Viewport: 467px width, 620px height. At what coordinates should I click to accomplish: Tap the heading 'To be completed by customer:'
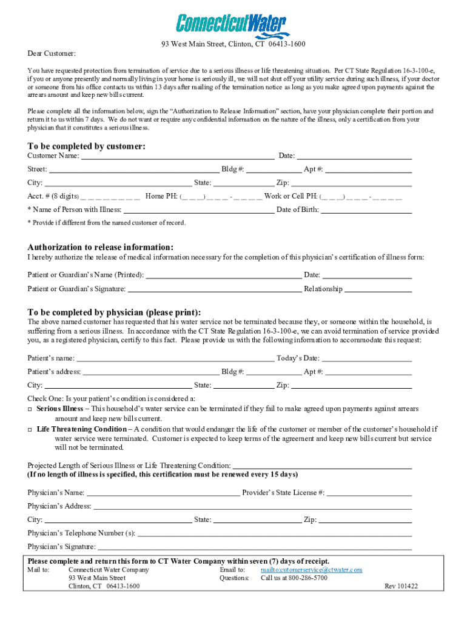point(86,146)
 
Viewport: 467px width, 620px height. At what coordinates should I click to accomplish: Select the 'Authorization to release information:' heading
point(101,247)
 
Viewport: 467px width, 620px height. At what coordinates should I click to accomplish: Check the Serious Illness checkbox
point(30,409)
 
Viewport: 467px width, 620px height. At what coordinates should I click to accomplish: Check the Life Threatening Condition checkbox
point(30,429)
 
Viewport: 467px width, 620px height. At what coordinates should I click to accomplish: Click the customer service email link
point(311,570)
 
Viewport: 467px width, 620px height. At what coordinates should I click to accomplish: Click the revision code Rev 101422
point(401,586)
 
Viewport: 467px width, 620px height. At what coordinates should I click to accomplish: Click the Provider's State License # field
point(369,493)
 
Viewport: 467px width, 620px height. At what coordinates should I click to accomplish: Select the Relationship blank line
point(378,289)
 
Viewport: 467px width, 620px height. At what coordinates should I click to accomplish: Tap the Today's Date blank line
point(366,358)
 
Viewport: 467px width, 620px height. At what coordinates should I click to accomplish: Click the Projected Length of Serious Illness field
point(322,465)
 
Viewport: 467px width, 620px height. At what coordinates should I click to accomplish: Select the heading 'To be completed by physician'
point(114,312)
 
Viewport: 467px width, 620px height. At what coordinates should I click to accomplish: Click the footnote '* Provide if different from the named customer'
point(107,223)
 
